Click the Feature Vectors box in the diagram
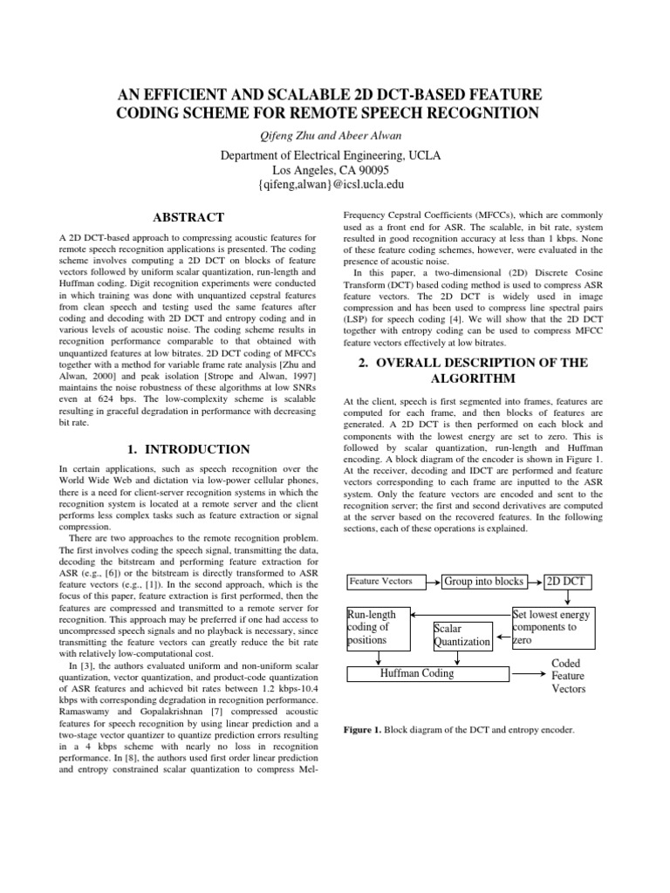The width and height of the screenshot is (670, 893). [x=380, y=581]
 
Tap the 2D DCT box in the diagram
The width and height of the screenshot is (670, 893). [x=567, y=581]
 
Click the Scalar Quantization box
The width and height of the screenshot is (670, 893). [x=462, y=634]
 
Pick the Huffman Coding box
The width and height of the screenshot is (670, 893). [x=428, y=673]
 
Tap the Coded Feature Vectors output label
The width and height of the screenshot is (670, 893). [x=568, y=676]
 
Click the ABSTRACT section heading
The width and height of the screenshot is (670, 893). [x=188, y=217]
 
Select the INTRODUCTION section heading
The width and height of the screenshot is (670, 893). [x=188, y=449]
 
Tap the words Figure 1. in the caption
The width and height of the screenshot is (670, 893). [x=362, y=728]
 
